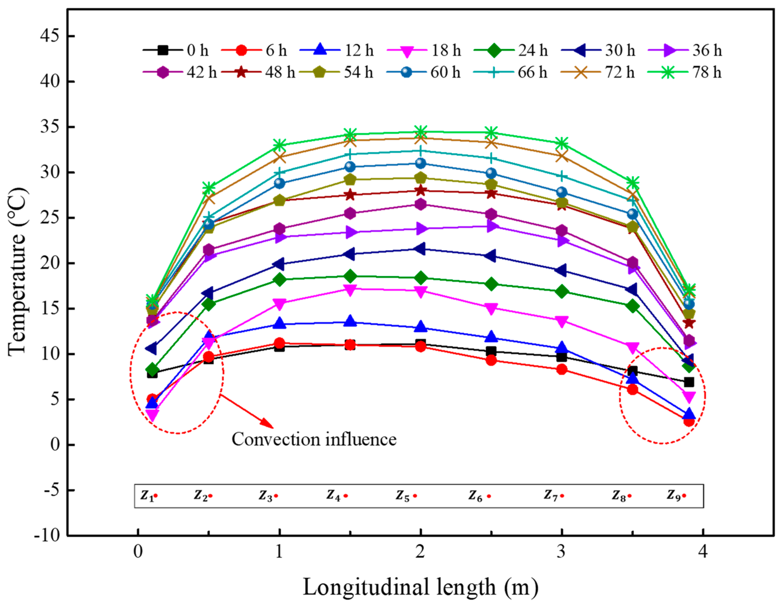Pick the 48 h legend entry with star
click(x=258, y=73)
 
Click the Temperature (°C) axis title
click(x=17, y=272)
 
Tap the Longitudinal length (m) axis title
click(x=421, y=587)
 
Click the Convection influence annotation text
click(x=314, y=439)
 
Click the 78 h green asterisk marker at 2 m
click(x=421, y=132)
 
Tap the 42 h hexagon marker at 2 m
click(x=421, y=204)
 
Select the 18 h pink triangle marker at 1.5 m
click(x=350, y=290)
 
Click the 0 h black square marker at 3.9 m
click(x=689, y=382)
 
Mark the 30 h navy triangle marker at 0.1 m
click(x=151, y=348)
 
